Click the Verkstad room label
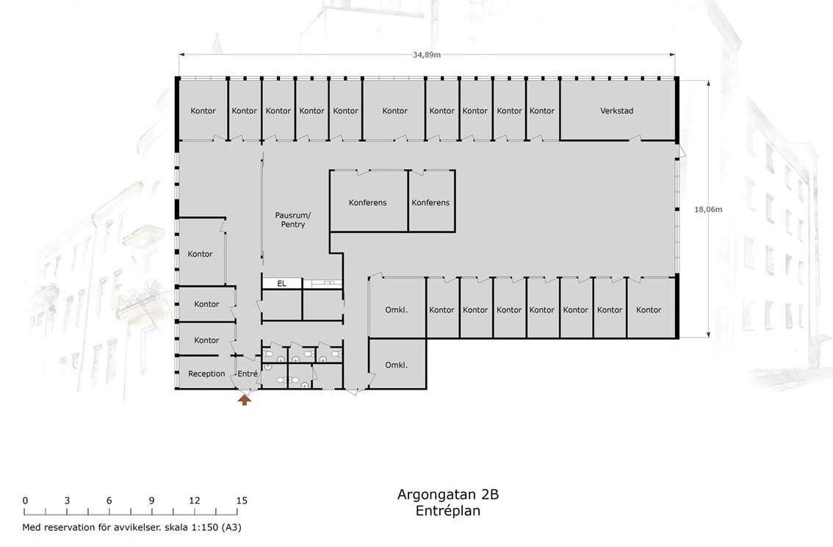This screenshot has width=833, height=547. point(616,110)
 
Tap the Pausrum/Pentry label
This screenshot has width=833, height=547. point(292,220)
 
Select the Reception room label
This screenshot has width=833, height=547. point(206,373)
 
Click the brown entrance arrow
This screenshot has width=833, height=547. point(245,399)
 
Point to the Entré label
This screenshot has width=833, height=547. point(248,373)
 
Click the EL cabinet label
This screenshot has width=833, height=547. point(281,283)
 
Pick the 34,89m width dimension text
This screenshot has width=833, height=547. point(427,54)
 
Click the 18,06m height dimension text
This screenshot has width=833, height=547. point(708,210)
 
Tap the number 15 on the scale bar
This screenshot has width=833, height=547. point(242,500)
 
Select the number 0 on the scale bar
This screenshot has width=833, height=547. point(25,500)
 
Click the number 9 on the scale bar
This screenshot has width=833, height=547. point(151,500)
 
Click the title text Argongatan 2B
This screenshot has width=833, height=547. point(448,494)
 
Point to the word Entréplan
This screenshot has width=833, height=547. point(448,511)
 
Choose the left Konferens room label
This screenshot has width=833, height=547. point(367,202)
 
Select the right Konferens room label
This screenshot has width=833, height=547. point(430,202)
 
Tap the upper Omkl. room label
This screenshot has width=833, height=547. point(397,310)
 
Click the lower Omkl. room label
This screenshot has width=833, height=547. point(397,365)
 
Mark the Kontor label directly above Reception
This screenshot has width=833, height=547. point(206,340)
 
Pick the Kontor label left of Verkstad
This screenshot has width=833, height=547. point(542,110)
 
